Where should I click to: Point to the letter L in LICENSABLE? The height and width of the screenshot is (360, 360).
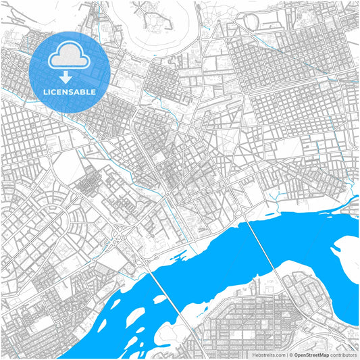(x=44, y=91)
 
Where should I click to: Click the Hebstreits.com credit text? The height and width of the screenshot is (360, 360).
(x=269, y=354)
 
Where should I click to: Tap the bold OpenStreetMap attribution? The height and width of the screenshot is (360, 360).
(x=311, y=354)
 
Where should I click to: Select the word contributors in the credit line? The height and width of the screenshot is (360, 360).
(x=343, y=354)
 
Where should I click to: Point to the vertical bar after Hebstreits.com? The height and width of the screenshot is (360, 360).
(x=285, y=354)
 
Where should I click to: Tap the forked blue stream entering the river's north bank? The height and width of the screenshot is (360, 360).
(x=274, y=200)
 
